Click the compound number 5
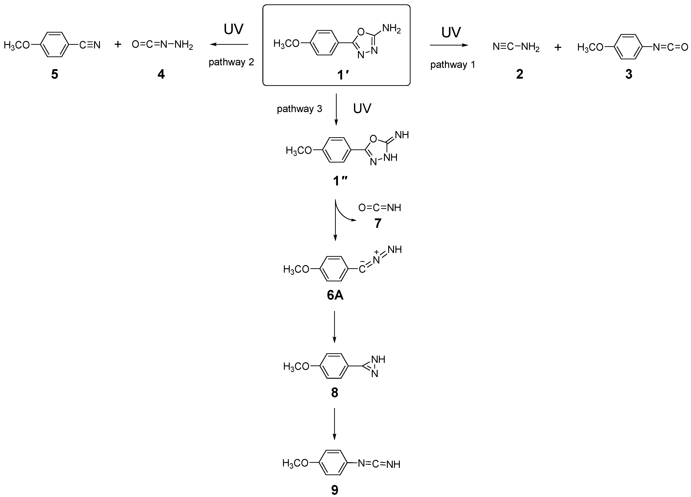point(55,74)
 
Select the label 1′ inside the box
point(342,74)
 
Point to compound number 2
point(519,74)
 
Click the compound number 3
point(629,74)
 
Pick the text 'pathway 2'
point(231,62)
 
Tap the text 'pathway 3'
point(299,109)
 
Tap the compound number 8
point(334,393)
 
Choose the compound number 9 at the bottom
point(334,490)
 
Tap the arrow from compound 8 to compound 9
point(334,423)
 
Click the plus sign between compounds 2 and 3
point(558,47)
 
